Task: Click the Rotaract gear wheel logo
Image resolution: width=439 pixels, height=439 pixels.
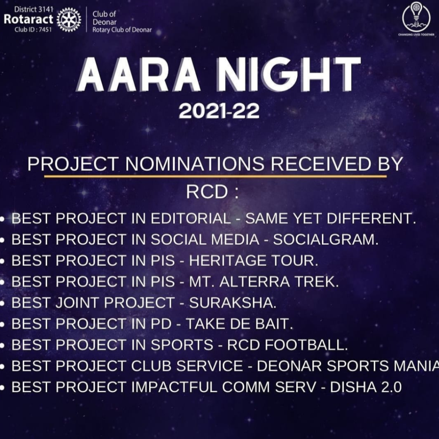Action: [69, 20]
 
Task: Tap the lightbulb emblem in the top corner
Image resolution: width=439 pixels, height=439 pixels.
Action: [416, 17]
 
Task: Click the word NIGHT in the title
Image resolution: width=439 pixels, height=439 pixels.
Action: [289, 75]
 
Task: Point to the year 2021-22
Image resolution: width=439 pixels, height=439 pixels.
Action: [219, 111]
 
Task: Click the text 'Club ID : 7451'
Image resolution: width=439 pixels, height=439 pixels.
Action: [33, 30]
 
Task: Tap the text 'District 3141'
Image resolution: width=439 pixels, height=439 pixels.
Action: [33, 9]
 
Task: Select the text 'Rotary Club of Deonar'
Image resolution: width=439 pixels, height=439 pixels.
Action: [122, 30]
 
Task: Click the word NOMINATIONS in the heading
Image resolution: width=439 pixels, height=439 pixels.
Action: [195, 164]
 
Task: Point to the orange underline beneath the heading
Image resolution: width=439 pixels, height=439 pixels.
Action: [215, 176]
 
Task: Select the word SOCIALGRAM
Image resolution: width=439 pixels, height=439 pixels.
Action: [325, 240]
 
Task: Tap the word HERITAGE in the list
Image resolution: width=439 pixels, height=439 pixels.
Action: [228, 261]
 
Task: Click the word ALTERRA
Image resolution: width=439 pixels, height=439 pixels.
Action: [255, 282]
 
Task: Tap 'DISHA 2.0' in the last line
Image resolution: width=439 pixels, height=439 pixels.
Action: [366, 387]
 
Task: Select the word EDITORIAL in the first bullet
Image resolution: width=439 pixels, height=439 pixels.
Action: [191, 219]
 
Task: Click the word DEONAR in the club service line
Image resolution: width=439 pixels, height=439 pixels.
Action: [289, 366]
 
